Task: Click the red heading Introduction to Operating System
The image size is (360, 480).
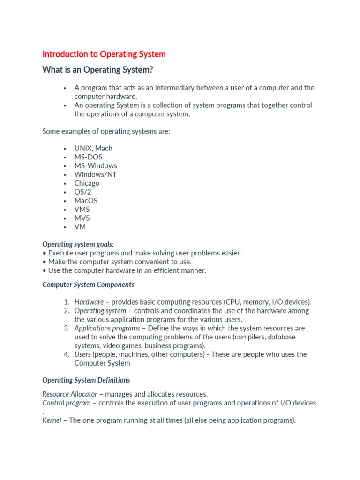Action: click(104, 54)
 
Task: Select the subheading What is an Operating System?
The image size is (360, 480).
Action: click(97, 70)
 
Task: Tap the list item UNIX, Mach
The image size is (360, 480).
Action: click(93, 148)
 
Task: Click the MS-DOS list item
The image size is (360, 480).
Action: click(88, 157)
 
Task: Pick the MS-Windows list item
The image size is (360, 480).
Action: click(96, 165)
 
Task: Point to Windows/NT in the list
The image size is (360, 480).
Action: click(96, 174)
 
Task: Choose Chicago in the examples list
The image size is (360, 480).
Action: click(87, 183)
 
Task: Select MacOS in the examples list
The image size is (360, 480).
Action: click(86, 201)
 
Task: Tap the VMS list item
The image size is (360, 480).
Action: click(82, 210)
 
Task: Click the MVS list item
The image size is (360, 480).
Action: click(82, 218)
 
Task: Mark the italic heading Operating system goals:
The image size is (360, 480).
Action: click(78, 244)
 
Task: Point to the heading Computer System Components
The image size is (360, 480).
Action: click(88, 285)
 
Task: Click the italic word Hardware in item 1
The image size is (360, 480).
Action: click(89, 302)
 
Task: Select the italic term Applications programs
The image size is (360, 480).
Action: click(107, 328)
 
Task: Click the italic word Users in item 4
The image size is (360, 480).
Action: click(82, 354)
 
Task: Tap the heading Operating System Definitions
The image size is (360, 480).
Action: click(86, 380)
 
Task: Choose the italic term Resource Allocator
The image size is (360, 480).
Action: click(70, 394)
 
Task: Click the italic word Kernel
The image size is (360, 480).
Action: click(52, 420)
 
